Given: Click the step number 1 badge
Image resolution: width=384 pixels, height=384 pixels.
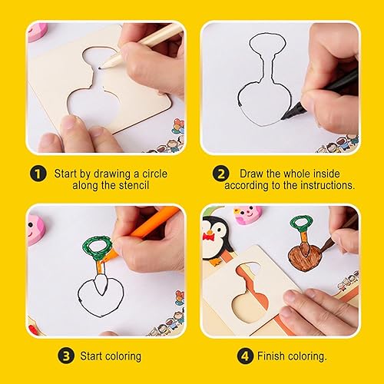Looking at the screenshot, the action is [38, 174].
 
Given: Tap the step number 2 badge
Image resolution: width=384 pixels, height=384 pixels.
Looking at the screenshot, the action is [220, 174].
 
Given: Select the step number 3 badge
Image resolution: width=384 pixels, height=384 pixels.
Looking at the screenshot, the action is [66, 356].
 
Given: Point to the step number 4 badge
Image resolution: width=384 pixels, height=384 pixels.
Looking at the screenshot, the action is [245, 356].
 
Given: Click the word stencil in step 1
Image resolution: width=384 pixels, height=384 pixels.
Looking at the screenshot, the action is [132, 185].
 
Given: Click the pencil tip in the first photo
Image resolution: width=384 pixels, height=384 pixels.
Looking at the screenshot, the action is [100, 68].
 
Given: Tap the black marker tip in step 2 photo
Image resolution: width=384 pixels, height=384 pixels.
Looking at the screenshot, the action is [283, 118].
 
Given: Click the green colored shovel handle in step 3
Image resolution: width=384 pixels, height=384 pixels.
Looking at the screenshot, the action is [98, 247].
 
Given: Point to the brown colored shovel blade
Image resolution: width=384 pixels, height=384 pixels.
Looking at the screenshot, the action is [305, 257].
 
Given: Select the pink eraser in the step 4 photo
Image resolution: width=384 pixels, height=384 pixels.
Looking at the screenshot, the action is [248, 215].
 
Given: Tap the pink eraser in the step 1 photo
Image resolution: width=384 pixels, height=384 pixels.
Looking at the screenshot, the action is [38, 31].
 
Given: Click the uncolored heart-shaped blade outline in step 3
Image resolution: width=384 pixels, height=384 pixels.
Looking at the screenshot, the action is [101, 297].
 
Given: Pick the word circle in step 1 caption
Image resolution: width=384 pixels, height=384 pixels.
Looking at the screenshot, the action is [154, 174].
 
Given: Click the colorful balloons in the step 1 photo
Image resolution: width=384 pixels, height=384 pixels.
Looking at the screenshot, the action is [178, 126].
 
